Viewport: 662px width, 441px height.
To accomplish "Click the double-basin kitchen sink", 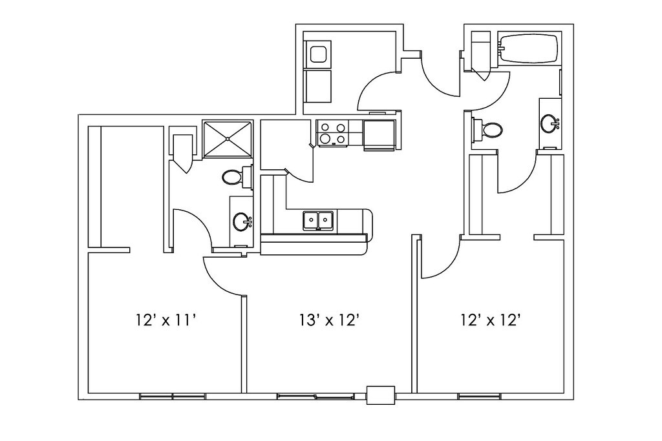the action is click(318, 221).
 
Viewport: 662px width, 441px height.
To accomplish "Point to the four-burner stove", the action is click(332, 133).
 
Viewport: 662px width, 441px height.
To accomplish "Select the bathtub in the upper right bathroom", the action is click(529, 49).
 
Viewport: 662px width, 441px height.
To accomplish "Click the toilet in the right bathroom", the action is click(489, 129).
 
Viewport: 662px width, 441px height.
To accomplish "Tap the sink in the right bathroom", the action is click(550, 122).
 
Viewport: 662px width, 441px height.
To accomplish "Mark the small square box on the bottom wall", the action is click(380, 395).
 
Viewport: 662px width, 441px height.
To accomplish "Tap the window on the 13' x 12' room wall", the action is click(315, 396).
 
